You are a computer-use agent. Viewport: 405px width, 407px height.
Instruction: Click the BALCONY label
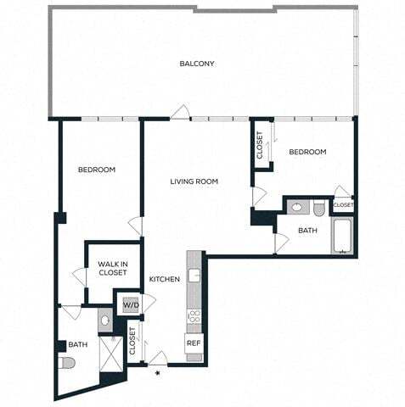point(197,64)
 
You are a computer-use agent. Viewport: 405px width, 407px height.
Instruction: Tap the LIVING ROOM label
point(194,181)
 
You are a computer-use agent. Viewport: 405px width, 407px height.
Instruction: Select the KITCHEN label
point(165,280)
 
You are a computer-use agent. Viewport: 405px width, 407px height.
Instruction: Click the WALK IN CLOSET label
point(112,268)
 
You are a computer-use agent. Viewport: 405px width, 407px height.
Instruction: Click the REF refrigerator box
point(194,343)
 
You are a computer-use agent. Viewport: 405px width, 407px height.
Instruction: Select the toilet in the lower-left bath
point(67,363)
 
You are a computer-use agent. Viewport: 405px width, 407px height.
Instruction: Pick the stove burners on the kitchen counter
point(194,316)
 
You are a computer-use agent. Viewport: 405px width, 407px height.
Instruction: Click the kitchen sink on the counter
point(194,275)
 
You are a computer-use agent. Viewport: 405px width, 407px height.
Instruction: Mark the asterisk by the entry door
point(157,371)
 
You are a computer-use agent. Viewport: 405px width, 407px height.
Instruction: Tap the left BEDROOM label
point(97,170)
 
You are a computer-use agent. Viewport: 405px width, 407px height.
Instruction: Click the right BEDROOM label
point(307,152)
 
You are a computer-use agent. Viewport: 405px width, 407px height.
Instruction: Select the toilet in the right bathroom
point(319,208)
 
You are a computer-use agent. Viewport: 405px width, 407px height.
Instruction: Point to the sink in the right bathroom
point(296,206)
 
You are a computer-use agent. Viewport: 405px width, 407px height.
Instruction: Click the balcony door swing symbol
point(178,112)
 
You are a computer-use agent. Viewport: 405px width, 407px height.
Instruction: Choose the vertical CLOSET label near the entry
point(133,341)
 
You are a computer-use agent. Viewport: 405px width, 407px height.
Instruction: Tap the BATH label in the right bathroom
point(308,229)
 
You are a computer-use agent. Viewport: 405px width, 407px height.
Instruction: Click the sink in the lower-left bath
point(105,321)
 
